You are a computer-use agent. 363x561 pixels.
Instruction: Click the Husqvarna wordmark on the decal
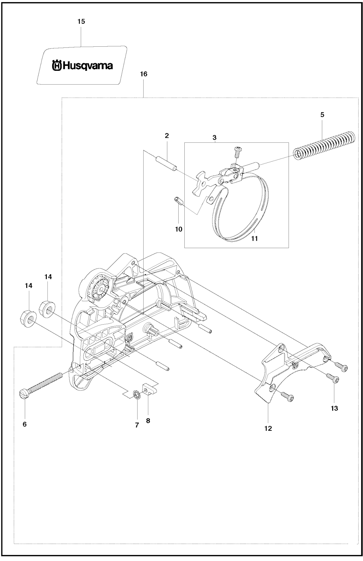point(82,65)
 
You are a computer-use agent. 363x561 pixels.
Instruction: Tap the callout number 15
point(81,22)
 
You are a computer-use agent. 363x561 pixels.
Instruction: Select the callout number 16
point(144,74)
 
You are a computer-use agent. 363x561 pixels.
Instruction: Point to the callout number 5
point(322,115)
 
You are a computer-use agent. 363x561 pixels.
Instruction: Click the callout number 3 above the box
point(214,137)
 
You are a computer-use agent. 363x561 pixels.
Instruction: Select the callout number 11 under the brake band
point(255,239)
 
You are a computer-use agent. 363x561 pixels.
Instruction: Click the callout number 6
point(24,424)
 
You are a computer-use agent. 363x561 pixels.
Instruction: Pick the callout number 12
point(268,429)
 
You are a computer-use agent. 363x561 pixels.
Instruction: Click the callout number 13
point(334,408)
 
